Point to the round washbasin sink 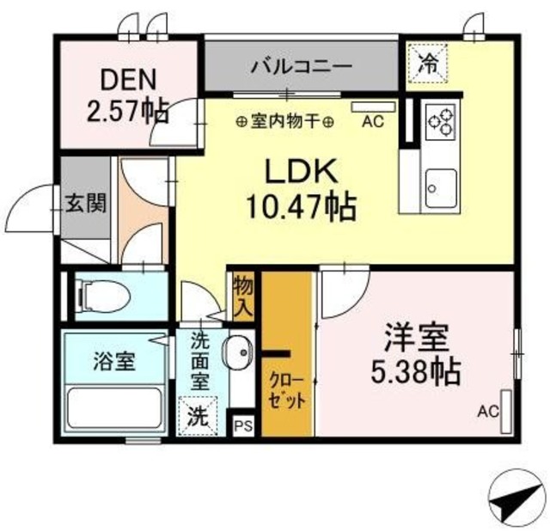tap(238, 352)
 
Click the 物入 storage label tap(242, 296)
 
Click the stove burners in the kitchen tap(440, 120)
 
